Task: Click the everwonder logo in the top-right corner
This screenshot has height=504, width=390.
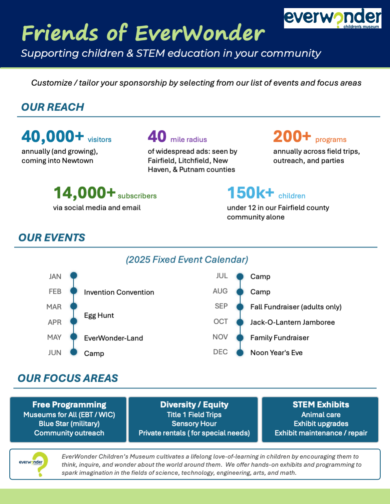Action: click(x=332, y=18)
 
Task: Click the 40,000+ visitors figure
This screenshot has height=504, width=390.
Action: click(x=53, y=137)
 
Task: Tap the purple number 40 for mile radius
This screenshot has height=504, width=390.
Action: click(x=157, y=137)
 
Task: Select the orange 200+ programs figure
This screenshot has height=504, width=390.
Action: click(x=292, y=137)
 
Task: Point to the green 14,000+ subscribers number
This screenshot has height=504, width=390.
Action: click(x=84, y=193)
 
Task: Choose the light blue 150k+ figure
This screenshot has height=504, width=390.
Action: click(x=251, y=193)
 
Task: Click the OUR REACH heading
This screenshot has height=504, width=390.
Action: click(x=53, y=107)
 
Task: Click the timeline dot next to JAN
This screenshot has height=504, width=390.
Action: click(x=74, y=276)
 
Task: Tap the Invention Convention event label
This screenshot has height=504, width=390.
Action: click(x=119, y=292)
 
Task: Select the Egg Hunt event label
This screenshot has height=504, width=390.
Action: click(x=99, y=315)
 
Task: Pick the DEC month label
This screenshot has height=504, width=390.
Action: click(x=220, y=352)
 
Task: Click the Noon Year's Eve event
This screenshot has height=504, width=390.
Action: click(x=276, y=353)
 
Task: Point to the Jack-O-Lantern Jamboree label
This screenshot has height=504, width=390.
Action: click(x=292, y=322)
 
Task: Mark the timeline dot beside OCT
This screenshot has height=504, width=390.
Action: click(x=240, y=322)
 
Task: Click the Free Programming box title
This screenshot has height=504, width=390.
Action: click(x=69, y=405)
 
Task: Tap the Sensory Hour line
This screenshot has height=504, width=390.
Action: click(x=194, y=424)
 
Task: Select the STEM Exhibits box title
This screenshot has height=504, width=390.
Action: click(x=321, y=405)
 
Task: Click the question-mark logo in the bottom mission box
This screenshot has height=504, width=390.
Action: click(x=40, y=464)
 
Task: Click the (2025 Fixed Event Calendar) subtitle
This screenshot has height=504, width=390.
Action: click(x=187, y=260)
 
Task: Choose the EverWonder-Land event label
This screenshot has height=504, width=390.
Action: click(x=113, y=338)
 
